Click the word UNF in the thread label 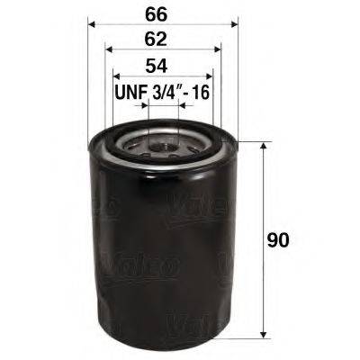tap(129, 91)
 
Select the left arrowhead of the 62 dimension tap(109, 51)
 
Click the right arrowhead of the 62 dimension tap(219, 51)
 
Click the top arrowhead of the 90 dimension tap(262, 145)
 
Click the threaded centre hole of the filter tap(164, 141)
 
